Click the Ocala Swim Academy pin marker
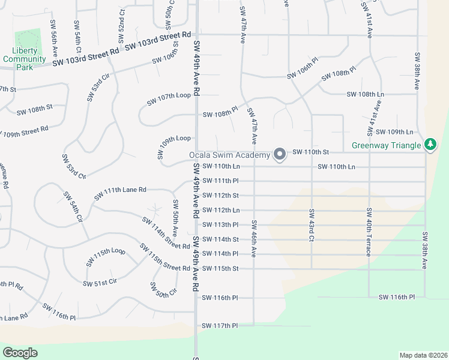[279, 155]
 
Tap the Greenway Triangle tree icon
[430, 145]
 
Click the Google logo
[20, 352]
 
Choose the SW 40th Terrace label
[367, 232]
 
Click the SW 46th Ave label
[254, 239]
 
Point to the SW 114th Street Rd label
[158, 233]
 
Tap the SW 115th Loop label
[106, 257]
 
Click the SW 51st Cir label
[100, 283]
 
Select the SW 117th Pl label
[220, 326]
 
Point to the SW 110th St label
[311, 152]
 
